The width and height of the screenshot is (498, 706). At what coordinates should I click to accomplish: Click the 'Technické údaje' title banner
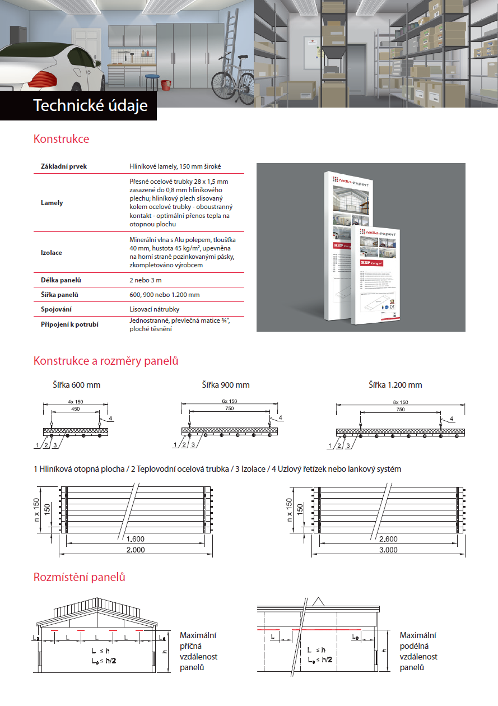pyautogui.click(x=90, y=105)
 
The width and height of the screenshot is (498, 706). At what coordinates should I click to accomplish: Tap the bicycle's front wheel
pyautogui.click(x=244, y=87)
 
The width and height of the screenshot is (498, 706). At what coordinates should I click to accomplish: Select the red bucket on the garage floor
pyautogui.click(x=166, y=85)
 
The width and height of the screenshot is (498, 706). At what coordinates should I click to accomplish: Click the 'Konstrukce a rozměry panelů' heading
pyautogui.click(x=106, y=361)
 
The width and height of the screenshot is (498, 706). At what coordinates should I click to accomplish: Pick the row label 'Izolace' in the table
pyautogui.click(x=52, y=253)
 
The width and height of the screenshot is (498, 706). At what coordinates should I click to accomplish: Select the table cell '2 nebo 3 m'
pyautogui.click(x=146, y=280)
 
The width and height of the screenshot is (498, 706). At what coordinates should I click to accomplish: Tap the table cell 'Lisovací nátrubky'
pyautogui.click(x=155, y=309)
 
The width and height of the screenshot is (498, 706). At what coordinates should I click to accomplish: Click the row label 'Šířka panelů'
pyautogui.click(x=59, y=295)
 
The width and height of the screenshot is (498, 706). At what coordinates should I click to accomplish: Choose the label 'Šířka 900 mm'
pyautogui.click(x=226, y=385)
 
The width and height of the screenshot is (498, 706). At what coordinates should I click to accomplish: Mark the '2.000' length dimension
pyautogui.click(x=135, y=550)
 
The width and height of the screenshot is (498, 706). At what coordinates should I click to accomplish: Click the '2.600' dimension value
pyautogui.click(x=389, y=539)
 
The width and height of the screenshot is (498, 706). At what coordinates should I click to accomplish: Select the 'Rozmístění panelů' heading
pyautogui.click(x=79, y=577)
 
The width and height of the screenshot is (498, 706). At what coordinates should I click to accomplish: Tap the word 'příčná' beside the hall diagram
pyautogui.click(x=191, y=646)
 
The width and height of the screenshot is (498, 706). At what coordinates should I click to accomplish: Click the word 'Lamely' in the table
pyautogui.click(x=52, y=203)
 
